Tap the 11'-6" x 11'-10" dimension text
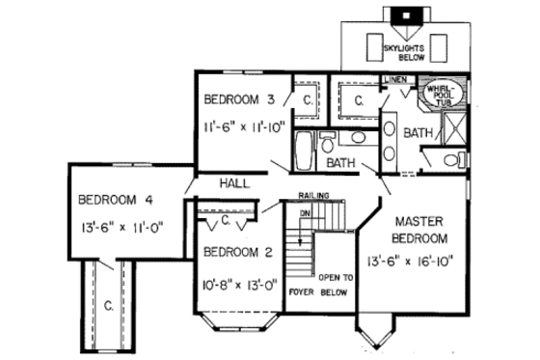click(x=245, y=125)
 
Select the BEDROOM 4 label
click(x=115, y=201)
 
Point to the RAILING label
click(x=313, y=194)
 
